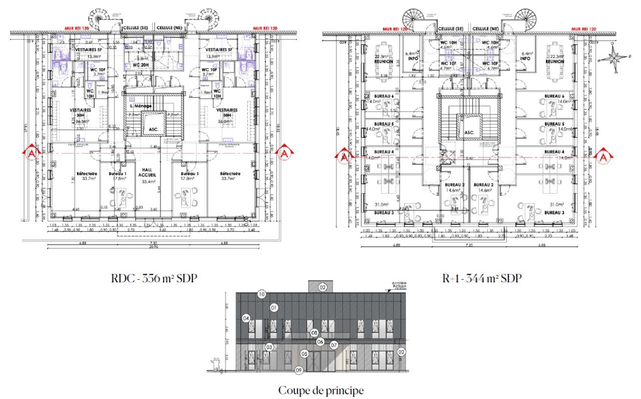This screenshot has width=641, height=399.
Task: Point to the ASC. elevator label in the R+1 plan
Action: (x=469, y=133)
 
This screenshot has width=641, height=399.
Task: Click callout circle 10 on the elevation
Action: (x=261, y=294)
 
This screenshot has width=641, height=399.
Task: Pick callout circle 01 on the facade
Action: (x=273, y=307)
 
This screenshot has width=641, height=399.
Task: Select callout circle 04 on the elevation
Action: (x=246, y=318)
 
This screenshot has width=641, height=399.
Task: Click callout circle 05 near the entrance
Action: (x=304, y=353)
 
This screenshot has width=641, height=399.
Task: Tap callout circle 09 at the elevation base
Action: (x=299, y=370)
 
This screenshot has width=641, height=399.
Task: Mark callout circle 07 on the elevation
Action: (x=334, y=345)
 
